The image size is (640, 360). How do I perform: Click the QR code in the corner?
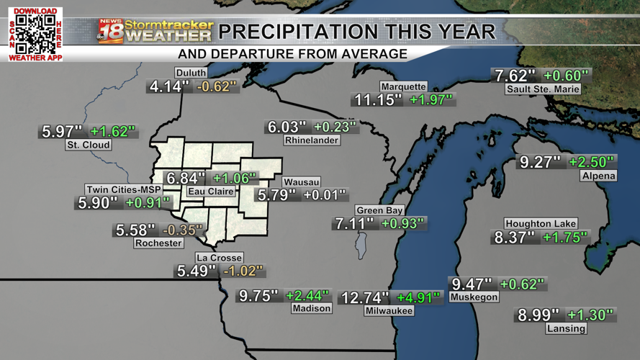click(x=35, y=33)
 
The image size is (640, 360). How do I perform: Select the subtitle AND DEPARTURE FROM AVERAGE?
click(x=292, y=54)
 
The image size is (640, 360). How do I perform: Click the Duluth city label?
click(x=191, y=73)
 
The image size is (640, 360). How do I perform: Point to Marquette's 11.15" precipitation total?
click(x=377, y=100)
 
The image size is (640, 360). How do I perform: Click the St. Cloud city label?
click(x=88, y=145)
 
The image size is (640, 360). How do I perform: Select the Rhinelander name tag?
click(x=311, y=140)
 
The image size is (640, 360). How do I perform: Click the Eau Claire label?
click(x=210, y=192)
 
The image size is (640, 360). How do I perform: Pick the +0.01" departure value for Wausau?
click(x=324, y=195)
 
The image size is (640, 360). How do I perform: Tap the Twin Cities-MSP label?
click(x=124, y=189)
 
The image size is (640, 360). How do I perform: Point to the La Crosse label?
click(x=219, y=258)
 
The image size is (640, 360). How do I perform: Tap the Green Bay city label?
click(x=379, y=210)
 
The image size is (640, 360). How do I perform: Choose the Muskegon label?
click(x=473, y=297)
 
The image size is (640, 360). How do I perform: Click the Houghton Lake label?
click(x=541, y=224)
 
